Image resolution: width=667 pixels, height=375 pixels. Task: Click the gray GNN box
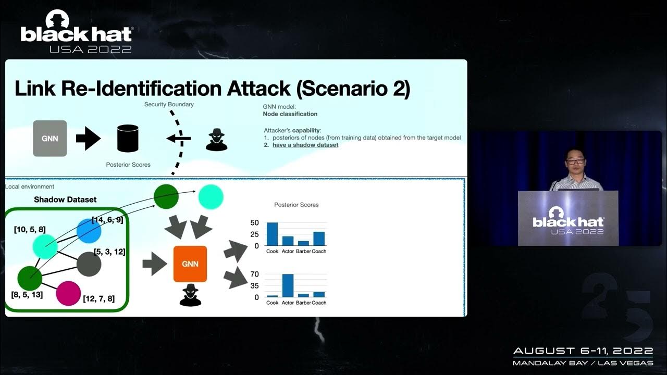[50, 138]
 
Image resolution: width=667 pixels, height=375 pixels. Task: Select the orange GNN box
[190, 264]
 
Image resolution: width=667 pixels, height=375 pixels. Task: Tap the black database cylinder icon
[128, 138]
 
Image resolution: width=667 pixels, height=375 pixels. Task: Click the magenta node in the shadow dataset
[68, 293]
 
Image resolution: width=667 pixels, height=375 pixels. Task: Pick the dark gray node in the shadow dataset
[89, 264]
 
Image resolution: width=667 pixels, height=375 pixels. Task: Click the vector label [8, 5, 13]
[27, 295]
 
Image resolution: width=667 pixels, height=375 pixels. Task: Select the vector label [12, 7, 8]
[98, 298]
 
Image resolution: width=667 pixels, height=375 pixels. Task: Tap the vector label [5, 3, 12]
[109, 252]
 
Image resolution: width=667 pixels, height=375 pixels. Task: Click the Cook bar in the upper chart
[272, 234]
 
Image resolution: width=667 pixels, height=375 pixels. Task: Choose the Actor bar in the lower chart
[288, 285]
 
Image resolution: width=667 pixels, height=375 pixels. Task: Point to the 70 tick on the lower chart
[255, 274]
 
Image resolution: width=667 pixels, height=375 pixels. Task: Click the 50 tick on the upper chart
[255, 222]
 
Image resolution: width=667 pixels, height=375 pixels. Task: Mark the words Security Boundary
[169, 105]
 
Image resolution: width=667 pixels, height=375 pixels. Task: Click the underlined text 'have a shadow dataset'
[305, 145]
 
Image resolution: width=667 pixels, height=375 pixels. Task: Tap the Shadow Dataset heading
[65, 199]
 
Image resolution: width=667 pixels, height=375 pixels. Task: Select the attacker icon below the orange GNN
[190, 295]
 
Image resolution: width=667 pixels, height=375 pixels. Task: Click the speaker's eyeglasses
[575, 162]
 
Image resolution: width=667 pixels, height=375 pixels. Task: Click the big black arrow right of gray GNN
[88, 139]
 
